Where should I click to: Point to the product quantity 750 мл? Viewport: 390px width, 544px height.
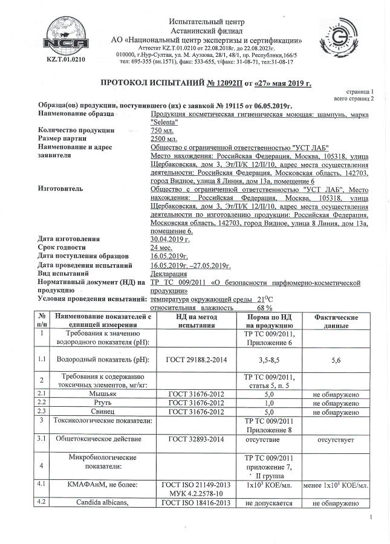[162, 130]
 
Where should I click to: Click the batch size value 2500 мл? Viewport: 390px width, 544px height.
[164, 138]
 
